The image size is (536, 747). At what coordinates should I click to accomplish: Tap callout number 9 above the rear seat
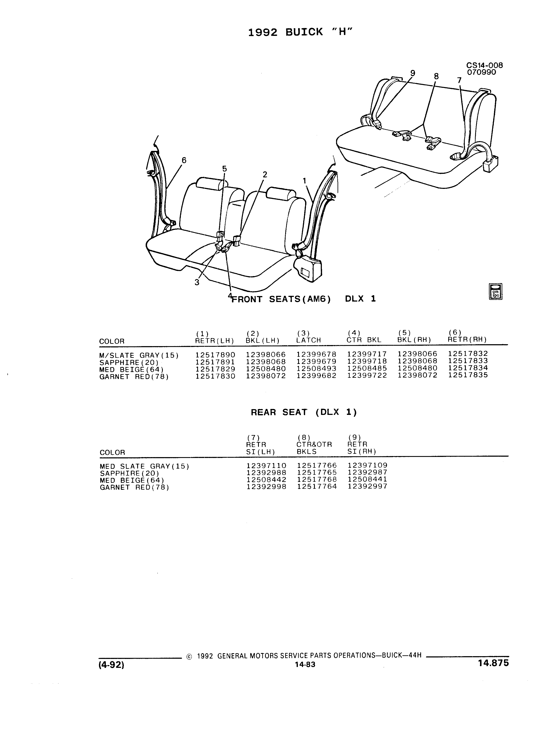click(413, 73)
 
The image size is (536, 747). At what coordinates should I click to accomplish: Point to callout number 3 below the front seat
click(197, 282)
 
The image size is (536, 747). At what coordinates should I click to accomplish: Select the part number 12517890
click(215, 355)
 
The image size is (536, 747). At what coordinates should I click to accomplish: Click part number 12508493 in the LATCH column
click(317, 369)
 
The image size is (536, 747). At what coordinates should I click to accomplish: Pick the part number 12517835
click(468, 375)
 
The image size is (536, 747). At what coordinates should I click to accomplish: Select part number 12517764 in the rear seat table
click(317, 486)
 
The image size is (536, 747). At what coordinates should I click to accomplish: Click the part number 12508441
click(367, 480)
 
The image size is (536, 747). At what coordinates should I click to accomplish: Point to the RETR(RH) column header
click(467, 340)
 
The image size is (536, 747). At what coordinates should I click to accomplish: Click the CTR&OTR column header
click(314, 445)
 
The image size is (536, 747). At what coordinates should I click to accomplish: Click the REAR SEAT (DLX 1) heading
click(304, 412)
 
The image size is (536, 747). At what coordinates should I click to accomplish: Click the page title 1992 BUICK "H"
click(300, 32)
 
